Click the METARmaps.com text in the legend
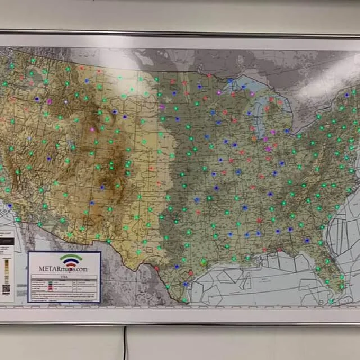64,269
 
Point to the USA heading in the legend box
64,276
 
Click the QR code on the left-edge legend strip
6,289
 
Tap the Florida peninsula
332,276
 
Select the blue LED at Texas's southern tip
186,285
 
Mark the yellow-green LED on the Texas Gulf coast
204,262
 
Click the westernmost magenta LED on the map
49,101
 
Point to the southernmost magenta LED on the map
268,149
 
